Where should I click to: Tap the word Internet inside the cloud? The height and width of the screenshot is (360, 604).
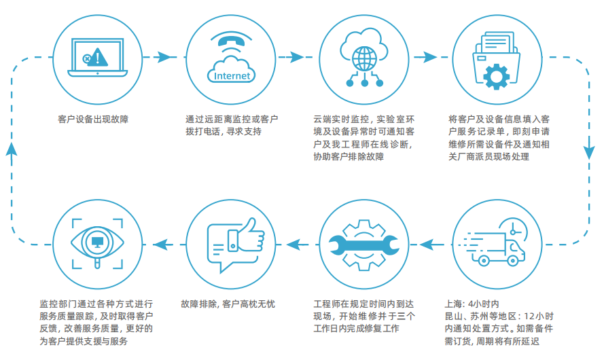click(x=232, y=75)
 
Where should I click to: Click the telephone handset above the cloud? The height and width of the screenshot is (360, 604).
click(x=232, y=41)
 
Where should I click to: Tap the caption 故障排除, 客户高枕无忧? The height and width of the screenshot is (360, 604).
click(x=228, y=304)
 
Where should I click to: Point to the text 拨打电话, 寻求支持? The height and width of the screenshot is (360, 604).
click(x=223, y=132)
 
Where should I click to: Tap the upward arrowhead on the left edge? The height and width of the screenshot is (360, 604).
click(x=10, y=149)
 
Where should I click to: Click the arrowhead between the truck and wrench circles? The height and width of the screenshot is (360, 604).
click(x=429, y=240)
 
